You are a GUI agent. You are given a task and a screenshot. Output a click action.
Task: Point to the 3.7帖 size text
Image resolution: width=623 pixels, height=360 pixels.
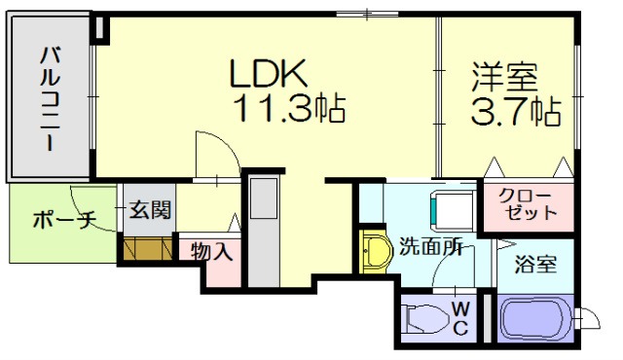coord(516,112)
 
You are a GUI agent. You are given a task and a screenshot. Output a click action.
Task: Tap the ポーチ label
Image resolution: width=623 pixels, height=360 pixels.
coord(63,220)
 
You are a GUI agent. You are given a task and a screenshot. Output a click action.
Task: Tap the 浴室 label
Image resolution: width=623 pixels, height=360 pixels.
coord(535,263)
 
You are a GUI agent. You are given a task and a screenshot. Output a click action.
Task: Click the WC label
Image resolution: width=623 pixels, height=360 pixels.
coord(461,318)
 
